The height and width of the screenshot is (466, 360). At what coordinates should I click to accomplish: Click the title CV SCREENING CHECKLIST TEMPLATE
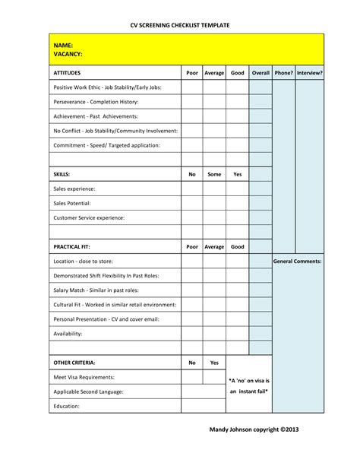pos(180,25)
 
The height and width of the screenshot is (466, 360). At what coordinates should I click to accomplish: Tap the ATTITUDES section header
pos(70,73)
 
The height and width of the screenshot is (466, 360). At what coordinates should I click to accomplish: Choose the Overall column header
pos(261,73)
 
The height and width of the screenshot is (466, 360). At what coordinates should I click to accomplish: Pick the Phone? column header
pos(283,73)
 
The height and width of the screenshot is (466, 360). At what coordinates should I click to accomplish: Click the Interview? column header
pos(310,73)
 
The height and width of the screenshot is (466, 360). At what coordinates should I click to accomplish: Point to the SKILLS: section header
pos(62,174)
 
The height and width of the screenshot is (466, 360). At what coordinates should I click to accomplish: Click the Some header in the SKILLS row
pos(214,174)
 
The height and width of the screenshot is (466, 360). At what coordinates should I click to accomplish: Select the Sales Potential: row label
pos(72,203)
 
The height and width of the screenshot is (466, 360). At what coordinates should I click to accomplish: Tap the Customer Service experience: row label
pos(89,217)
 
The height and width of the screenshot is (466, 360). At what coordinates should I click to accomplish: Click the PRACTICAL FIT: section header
pos(73,246)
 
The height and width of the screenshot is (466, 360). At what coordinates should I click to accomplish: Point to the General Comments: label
pos(298,261)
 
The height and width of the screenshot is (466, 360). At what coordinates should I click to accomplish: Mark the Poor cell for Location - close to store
pos(192,261)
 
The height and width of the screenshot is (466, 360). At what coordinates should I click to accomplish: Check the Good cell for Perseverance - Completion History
pos(237,102)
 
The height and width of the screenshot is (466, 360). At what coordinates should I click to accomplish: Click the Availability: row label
pos(68,333)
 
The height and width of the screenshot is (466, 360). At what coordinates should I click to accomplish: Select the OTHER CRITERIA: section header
pos(74,363)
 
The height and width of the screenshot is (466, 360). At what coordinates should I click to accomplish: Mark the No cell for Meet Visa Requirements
pos(192,377)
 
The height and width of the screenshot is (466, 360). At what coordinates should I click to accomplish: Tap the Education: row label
pos(67,406)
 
